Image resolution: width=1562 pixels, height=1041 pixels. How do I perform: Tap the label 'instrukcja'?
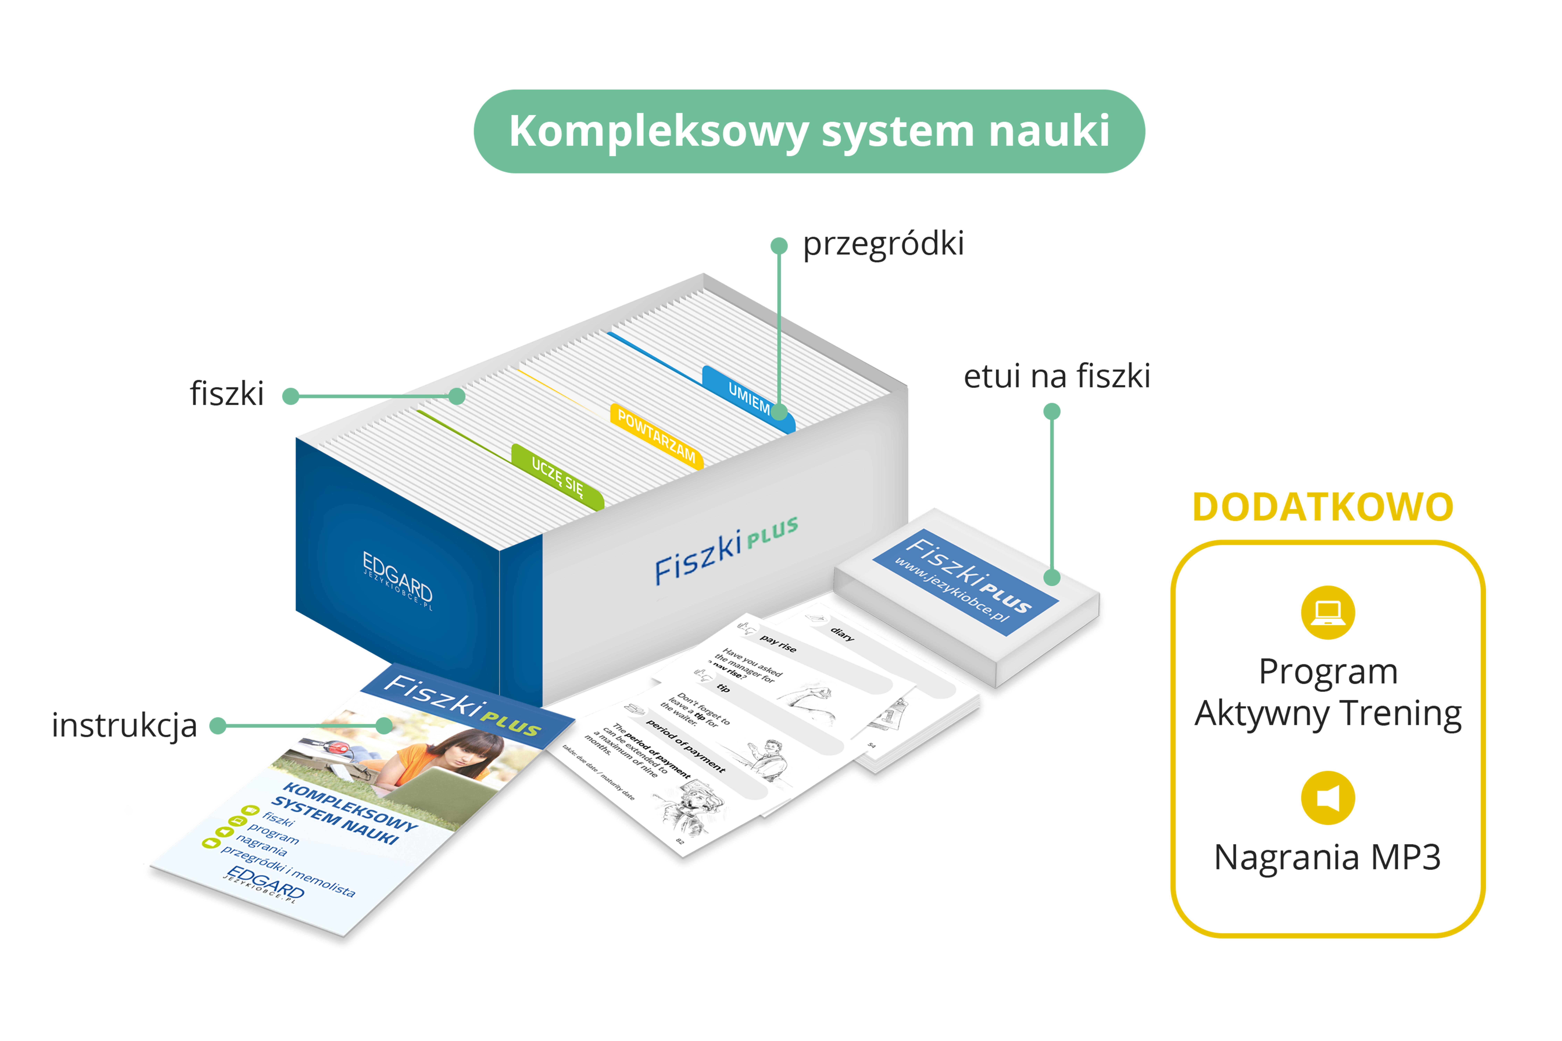[x=124, y=725]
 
